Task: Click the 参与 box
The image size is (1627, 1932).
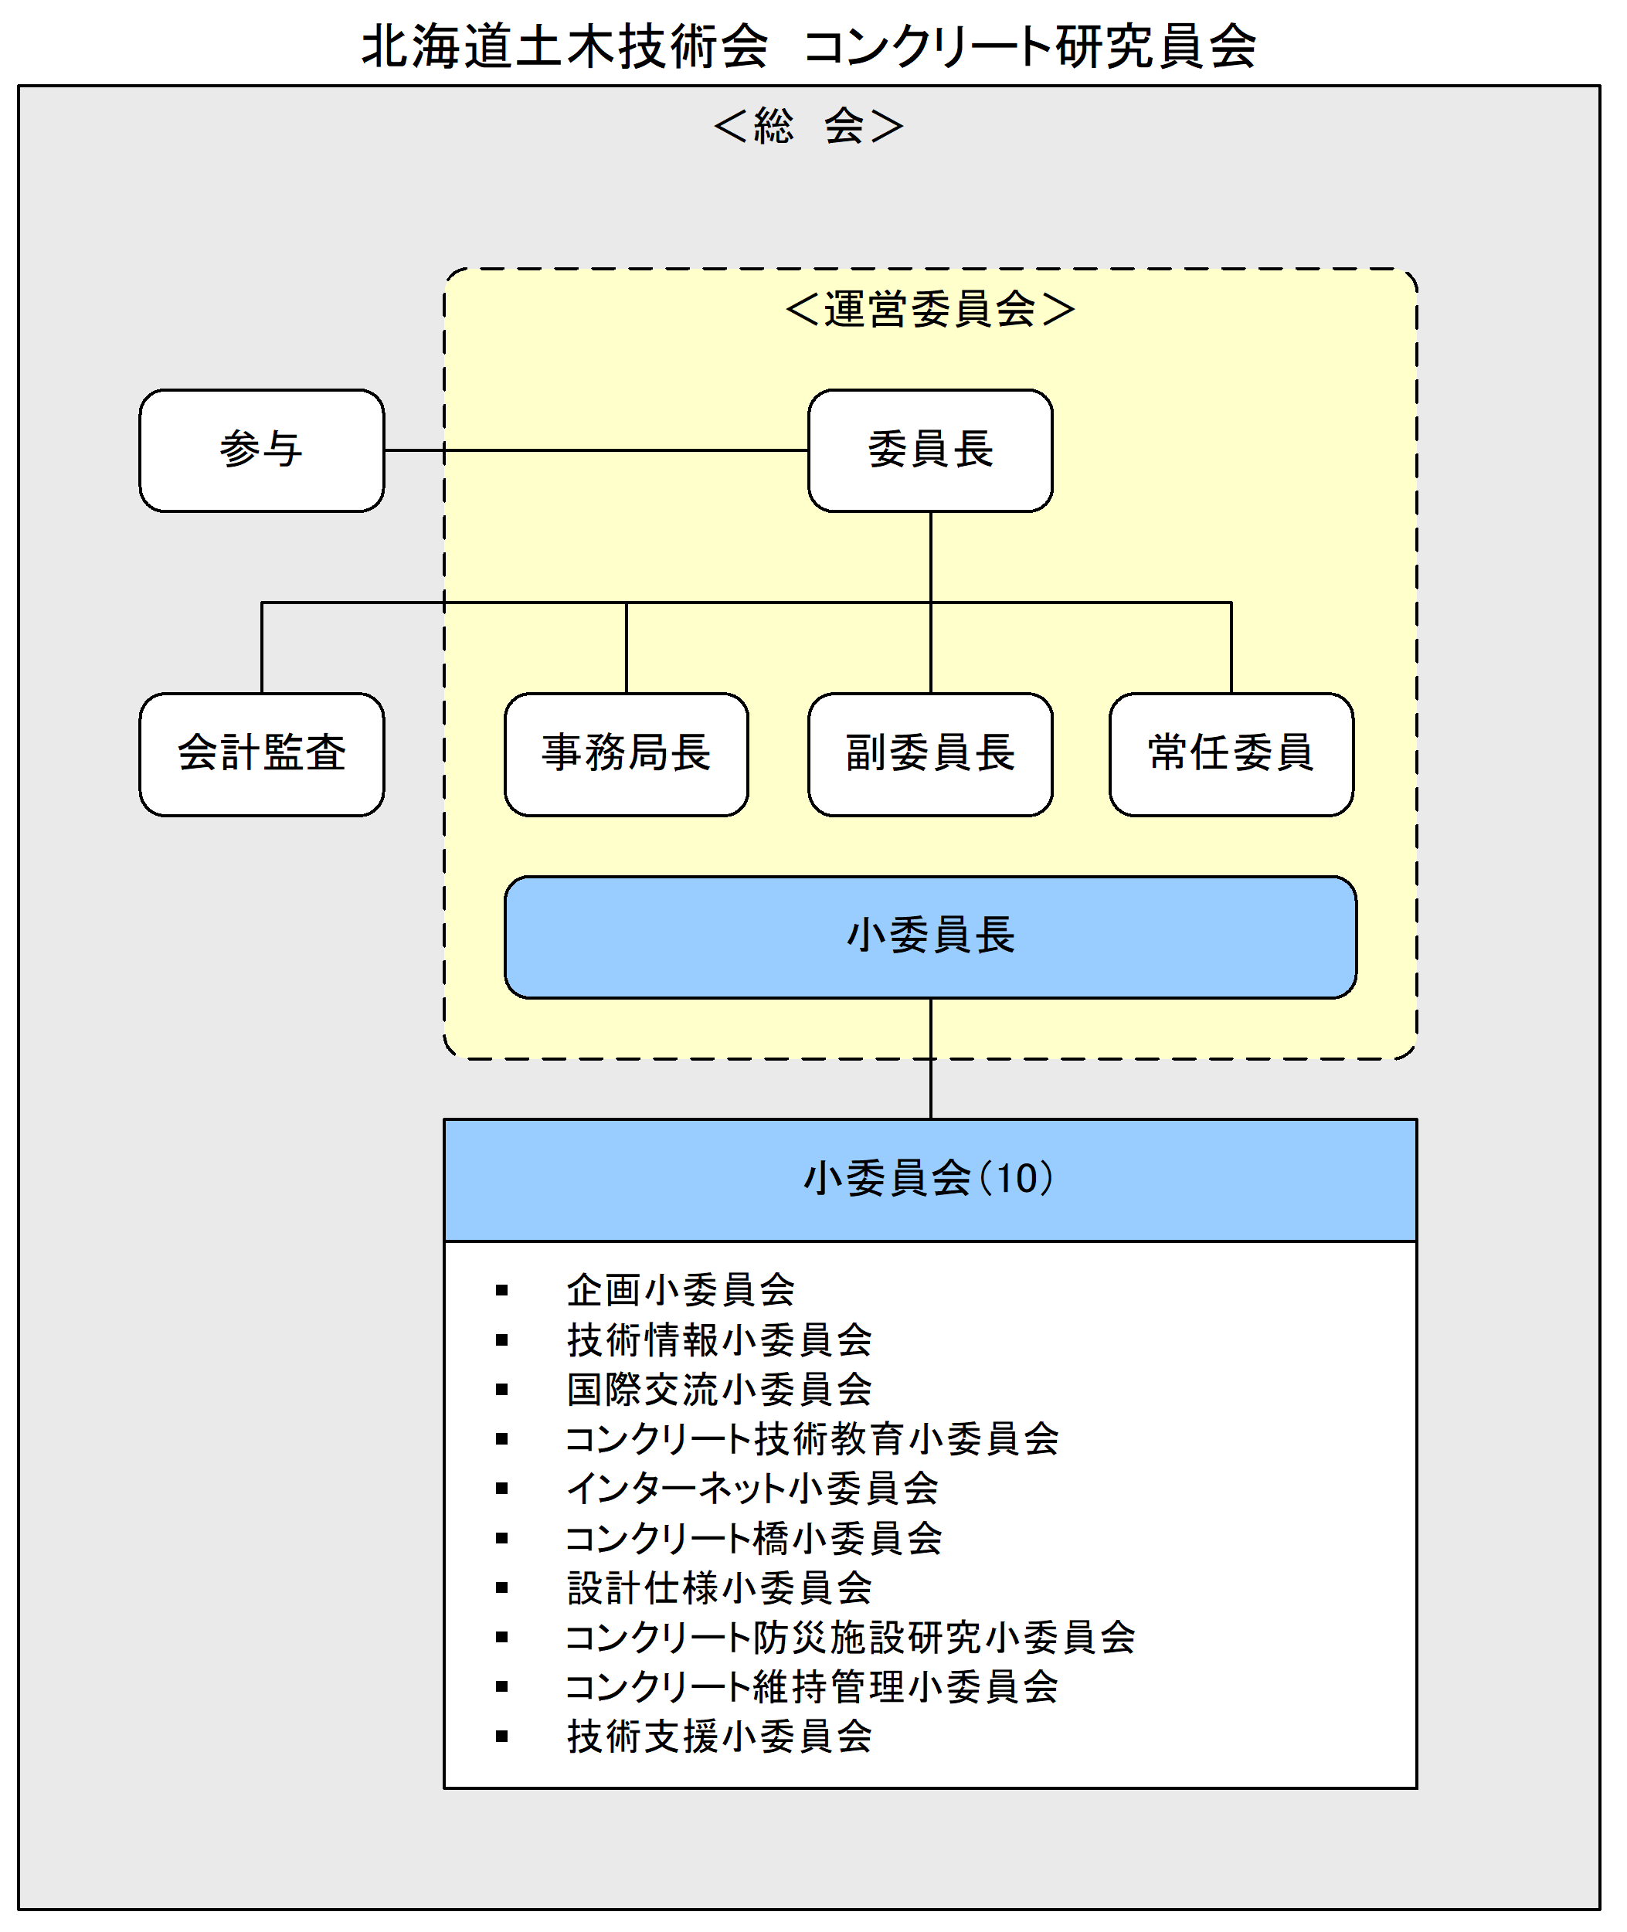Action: click(262, 450)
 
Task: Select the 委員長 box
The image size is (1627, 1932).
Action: click(931, 450)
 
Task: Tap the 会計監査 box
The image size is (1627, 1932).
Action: click(262, 755)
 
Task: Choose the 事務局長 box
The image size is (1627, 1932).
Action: click(627, 755)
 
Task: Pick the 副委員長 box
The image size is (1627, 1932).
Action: click(931, 755)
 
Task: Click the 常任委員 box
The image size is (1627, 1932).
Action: click(1231, 755)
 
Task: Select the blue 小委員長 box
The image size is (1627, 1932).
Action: click(931, 937)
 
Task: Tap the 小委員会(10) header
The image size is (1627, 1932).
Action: click(931, 1180)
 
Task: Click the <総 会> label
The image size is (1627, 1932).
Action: click(809, 125)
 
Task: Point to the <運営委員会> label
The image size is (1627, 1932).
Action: click(931, 309)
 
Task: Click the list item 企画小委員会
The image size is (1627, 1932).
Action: click(681, 1290)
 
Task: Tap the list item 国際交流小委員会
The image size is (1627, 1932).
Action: click(719, 1390)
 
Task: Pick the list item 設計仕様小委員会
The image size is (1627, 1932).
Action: click(719, 1588)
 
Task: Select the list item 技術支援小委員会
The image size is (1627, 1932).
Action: click(719, 1737)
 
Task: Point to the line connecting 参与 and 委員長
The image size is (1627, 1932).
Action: click(596, 450)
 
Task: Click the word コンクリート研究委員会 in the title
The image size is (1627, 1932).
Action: click(1031, 46)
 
